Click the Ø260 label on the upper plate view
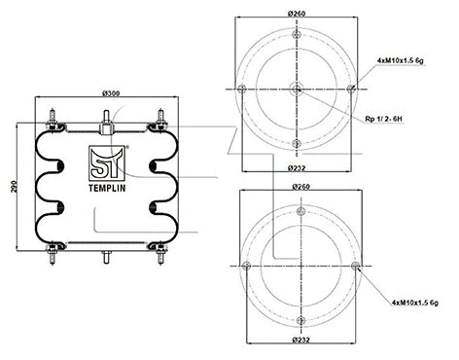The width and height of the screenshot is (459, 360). [296, 14]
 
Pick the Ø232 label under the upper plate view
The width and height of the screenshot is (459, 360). [296, 167]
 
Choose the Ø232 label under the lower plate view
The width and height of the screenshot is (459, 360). [296, 339]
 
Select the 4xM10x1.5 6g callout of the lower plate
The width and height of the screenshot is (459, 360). [408, 304]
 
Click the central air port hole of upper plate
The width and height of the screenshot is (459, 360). [296, 90]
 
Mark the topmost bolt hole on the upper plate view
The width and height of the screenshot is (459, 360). [296, 34]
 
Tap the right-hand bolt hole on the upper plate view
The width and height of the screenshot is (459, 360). [351, 90]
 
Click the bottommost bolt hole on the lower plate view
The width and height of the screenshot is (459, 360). [296, 320]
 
